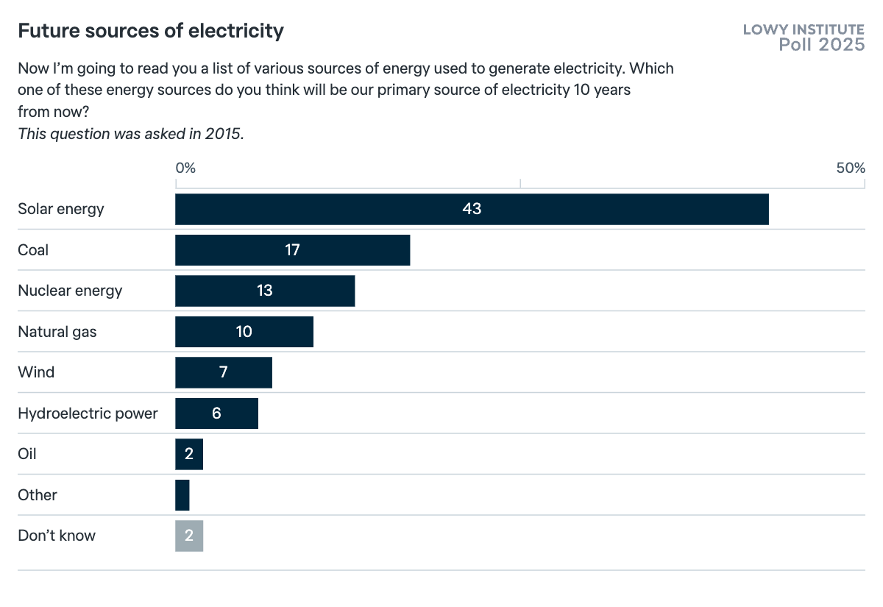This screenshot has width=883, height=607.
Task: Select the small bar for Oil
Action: coord(189,454)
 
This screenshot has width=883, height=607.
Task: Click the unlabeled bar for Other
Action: coord(182,495)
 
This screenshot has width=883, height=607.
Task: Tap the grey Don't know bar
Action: coord(189,536)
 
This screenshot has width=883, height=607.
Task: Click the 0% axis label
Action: coord(185,168)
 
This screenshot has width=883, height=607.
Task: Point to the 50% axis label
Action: coord(851,168)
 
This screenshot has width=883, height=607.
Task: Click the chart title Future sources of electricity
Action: coord(150,31)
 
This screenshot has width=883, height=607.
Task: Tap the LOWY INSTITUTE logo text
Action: coord(804,29)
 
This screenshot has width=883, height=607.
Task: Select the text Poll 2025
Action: coord(822,45)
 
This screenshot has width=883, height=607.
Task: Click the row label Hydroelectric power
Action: coord(88,413)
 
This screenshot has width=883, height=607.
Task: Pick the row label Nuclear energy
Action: coord(70,291)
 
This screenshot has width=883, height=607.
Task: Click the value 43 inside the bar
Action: coord(472,209)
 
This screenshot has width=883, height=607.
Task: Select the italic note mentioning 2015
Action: coord(130,134)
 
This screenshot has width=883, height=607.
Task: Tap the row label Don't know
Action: coord(57,536)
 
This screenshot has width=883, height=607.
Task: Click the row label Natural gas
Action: coord(57,332)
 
